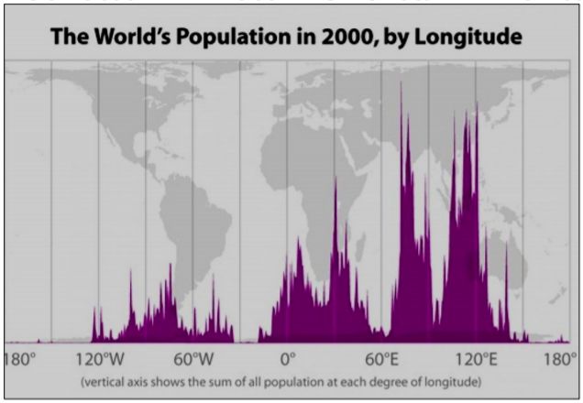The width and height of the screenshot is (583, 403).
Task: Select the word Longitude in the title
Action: click(x=475, y=38)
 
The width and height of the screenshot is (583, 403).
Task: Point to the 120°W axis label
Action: click(x=98, y=358)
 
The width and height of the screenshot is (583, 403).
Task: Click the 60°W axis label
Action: click(x=192, y=358)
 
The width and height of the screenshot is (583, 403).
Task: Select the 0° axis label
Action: click(x=287, y=358)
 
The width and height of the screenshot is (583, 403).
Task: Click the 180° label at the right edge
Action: click(x=561, y=358)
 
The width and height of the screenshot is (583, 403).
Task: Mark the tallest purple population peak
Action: click(x=401, y=87)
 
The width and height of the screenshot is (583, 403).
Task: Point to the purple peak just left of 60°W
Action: click(x=170, y=270)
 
